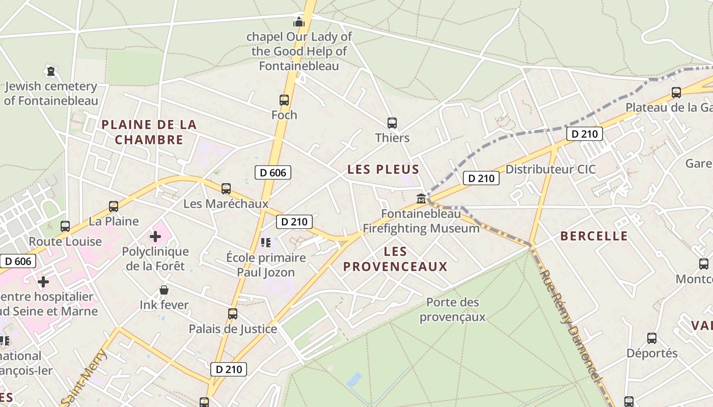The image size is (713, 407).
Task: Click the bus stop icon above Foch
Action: (x=284, y=100)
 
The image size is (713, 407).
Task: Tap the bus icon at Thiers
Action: (x=392, y=123)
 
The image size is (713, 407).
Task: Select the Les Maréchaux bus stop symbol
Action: (x=226, y=189)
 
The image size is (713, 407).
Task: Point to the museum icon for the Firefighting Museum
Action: (x=421, y=198)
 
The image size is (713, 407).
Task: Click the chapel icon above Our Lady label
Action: (x=298, y=22)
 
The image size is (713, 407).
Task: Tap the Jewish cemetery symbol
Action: (x=50, y=71)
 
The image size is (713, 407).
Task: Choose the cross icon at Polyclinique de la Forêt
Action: (x=155, y=237)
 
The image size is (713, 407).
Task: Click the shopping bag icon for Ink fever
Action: (x=164, y=290)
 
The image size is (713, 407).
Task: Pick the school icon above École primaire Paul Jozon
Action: (x=265, y=242)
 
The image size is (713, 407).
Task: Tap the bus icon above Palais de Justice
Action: (x=233, y=314)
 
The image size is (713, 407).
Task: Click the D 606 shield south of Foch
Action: (x=273, y=172)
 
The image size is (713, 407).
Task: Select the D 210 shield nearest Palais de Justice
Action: (x=229, y=369)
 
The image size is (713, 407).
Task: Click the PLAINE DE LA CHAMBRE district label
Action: (x=149, y=132)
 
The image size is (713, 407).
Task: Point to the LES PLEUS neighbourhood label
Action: (x=383, y=169)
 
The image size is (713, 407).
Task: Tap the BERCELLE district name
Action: (x=594, y=236)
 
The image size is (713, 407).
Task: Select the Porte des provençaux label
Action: (x=452, y=310)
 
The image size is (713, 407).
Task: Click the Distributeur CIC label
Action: (x=550, y=169)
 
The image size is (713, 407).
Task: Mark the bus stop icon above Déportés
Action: (x=651, y=338)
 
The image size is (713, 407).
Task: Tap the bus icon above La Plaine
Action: (x=114, y=207)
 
